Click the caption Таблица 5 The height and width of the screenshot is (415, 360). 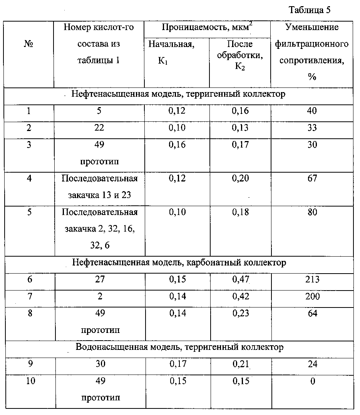(309, 10)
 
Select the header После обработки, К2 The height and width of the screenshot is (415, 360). (240, 55)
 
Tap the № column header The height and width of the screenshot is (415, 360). (28, 44)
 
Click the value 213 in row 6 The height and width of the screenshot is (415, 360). (312, 280)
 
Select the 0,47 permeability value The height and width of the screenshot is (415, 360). (240, 280)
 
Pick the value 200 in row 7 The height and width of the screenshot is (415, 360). (312, 297)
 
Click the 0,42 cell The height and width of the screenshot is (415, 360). (240, 297)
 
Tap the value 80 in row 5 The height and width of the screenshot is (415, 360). (312, 212)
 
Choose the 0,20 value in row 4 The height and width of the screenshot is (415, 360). (240, 178)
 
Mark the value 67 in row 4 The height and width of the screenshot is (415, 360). (312, 178)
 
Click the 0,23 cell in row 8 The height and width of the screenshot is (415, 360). (240, 313)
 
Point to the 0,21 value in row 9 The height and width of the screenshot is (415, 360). (240, 364)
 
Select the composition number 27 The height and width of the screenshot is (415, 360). (100, 280)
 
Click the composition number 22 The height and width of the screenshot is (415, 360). (100, 128)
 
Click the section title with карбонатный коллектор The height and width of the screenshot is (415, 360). (179, 263)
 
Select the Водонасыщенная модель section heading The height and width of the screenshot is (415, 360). (180, 347)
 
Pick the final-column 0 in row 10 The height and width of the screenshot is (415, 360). (312, 381)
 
